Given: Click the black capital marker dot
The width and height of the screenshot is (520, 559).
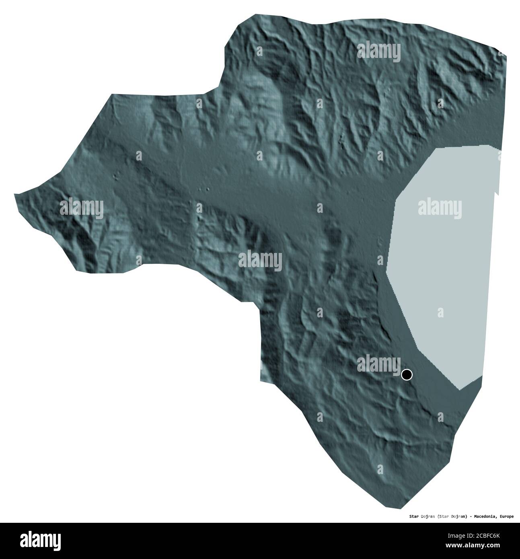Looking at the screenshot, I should (x=407, y=375).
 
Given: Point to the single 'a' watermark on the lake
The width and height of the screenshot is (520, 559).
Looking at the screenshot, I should (x=440, y=312).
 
